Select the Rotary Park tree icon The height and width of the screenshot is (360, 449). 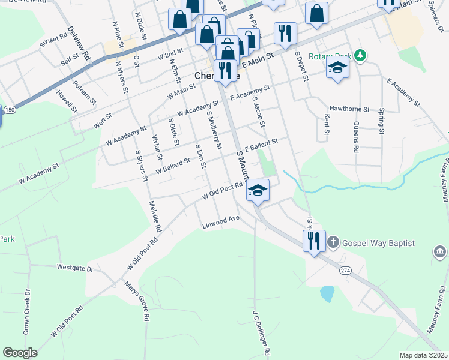coord(360,56)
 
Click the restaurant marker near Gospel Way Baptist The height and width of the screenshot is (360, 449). coord(314,241)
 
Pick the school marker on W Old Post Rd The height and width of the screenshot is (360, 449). coord(258,191)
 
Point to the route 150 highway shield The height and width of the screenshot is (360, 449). coord(10,110)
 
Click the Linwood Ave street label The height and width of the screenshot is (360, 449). coord(221,222)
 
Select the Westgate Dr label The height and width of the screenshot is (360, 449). coord(76,268)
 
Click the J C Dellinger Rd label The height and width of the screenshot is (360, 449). coord(259,332)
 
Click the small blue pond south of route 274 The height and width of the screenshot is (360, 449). coord(327,293)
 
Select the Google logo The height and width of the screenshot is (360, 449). coord(20,353)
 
